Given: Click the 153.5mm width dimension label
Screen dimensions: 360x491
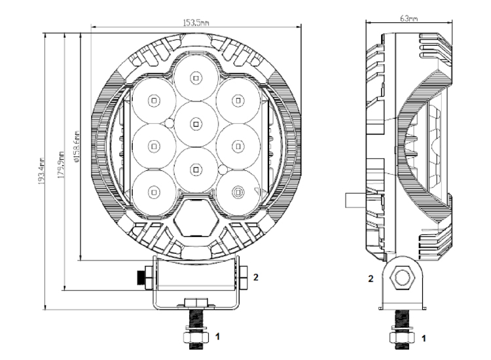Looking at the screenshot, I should pos(196,22).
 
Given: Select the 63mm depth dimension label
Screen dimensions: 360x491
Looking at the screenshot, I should pos(409,18).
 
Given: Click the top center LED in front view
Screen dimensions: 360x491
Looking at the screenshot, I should pos(195,78).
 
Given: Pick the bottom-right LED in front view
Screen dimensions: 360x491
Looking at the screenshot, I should pos(238,192).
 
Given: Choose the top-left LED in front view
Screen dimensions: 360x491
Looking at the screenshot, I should pos(153,100).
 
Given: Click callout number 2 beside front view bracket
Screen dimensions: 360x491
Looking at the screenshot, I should pos(257,277).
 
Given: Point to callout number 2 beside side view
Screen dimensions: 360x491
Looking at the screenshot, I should pos(371,278).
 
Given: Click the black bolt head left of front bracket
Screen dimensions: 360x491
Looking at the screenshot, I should pos(140,278).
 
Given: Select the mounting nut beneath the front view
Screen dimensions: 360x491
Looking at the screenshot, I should pos(194,338).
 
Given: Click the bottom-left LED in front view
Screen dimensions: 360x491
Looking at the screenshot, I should pos(153,192).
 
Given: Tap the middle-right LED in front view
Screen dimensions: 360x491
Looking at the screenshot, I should pos(238,145).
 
